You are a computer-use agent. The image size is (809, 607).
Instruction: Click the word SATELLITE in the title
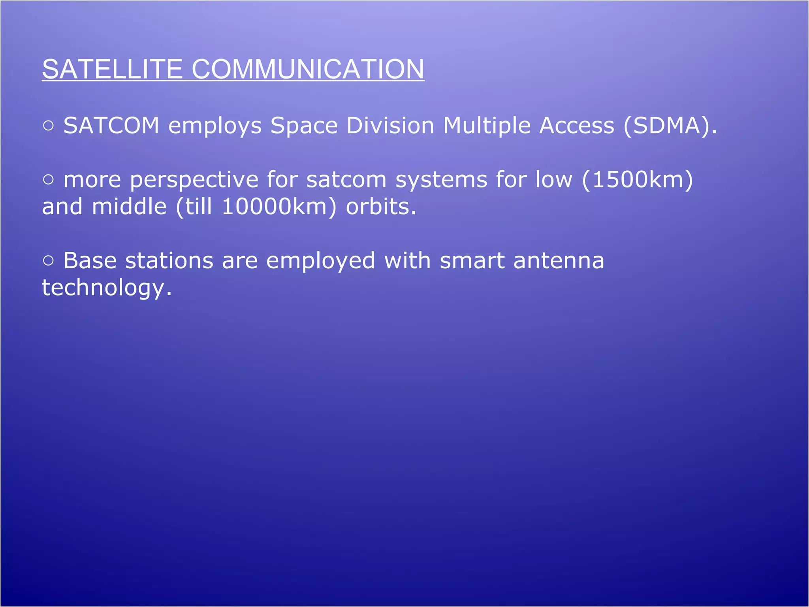click(112, 69)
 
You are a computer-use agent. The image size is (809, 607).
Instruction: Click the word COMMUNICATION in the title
click(308, 69)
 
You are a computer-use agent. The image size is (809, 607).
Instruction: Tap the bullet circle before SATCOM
click(48, 126)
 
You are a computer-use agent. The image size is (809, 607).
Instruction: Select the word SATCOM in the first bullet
click(111, 126)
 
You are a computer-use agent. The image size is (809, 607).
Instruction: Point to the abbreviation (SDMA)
click(670, 126)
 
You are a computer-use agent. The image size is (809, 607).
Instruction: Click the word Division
click(390, 126)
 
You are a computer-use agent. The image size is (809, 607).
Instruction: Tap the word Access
click(577, 126)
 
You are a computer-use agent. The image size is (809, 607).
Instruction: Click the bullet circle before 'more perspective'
click(48, 180)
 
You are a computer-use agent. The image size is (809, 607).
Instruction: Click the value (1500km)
click(637, 179)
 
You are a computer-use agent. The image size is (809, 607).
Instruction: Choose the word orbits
click(381, 207)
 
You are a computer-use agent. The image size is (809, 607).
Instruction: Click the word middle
click(129, 207)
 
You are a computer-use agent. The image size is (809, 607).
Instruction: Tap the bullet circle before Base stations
click(48, 261)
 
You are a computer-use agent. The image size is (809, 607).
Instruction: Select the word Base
click(90, 261)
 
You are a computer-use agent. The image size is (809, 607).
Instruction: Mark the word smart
click(472, 261)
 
